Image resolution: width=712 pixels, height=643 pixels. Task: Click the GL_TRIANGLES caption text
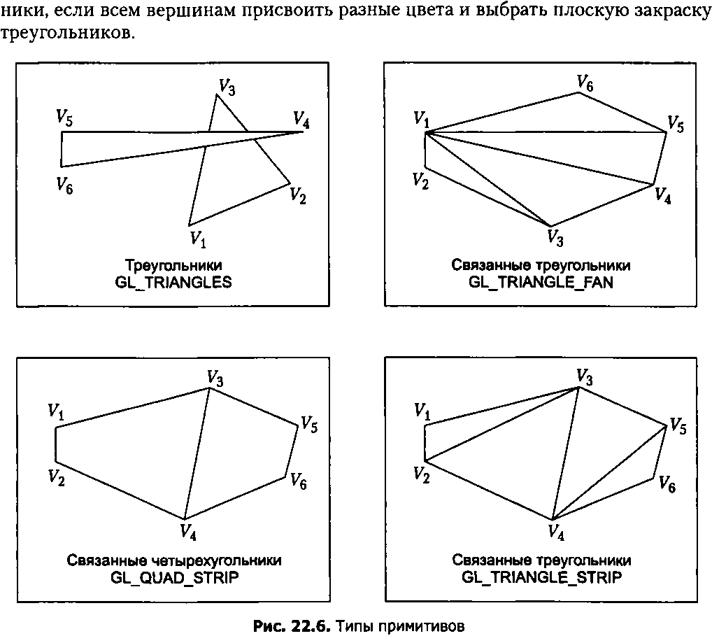173,283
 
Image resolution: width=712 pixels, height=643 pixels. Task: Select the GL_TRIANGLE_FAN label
541,283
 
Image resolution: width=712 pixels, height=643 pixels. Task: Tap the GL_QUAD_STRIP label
174,578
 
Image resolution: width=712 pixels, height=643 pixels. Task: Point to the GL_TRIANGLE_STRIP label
541,578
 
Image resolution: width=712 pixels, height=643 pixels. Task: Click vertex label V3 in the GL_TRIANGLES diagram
227,87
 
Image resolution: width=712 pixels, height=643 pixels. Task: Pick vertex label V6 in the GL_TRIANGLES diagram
64,185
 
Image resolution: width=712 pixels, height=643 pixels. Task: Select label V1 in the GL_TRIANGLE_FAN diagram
421,120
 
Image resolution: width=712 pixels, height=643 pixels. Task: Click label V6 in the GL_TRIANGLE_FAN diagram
585,83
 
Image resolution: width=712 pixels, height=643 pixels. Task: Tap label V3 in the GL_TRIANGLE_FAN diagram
555,237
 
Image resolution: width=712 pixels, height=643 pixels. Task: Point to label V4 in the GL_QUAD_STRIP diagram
188,532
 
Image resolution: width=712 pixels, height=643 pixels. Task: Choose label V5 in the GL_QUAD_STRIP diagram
309,425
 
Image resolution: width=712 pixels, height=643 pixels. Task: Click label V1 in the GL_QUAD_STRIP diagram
55,411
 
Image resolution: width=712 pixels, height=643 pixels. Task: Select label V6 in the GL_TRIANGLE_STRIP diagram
667,484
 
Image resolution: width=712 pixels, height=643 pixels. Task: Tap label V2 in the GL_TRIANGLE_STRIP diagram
421,475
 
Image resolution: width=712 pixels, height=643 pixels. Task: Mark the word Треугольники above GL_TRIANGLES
173,266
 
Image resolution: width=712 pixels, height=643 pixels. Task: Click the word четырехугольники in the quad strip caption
216,561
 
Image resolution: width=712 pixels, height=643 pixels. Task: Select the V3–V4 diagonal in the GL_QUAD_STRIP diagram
197,453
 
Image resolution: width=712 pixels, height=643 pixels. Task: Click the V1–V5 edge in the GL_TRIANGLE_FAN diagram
546,132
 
